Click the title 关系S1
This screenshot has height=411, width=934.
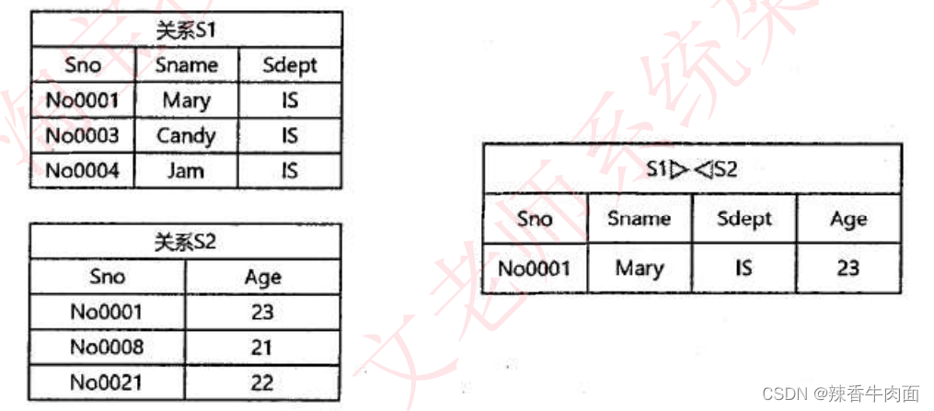[x=186, y=30]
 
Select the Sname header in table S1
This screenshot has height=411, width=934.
[x=186, y=65]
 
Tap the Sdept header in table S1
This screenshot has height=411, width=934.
[x=289, y=65]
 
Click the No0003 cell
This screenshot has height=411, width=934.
[x=82, y=136]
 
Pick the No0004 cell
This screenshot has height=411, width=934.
[x=82, y=170]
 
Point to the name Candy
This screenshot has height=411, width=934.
[x=186, y=136]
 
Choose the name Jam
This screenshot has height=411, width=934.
[x=186, y=170]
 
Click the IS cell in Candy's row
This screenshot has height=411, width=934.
[x=290, y=136]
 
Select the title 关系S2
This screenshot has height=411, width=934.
[x=185, y=243]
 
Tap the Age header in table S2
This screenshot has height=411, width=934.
[x=262, y=277]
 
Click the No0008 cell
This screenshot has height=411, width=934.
[x=107, y=347]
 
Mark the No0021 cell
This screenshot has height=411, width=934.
[x=107, y=382]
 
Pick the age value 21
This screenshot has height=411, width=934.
[x=262, y=347]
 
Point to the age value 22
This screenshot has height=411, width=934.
[x=262, y=382]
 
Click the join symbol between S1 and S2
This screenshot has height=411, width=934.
[x=693, y=169]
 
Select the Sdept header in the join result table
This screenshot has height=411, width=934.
[x=744, y=219]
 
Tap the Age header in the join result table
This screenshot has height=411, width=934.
[x=848, y=219]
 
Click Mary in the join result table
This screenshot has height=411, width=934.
[x=640, y=268]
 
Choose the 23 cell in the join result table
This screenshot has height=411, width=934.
[x=848, y=268]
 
